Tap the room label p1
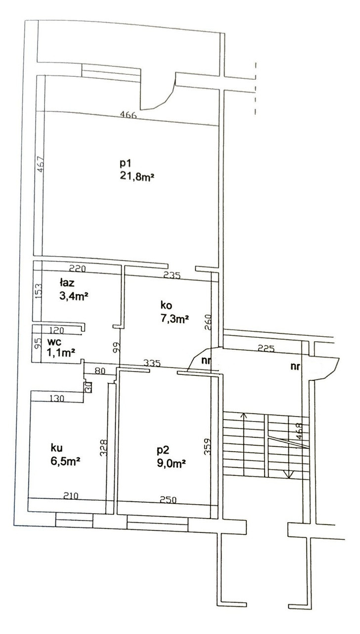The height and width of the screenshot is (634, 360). pos(125,163)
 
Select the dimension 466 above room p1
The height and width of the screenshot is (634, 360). pos(128,114)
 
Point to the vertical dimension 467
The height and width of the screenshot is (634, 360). pos(41,164)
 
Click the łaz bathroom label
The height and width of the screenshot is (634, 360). pos(67,282)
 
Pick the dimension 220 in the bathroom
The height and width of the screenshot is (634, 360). pos(78,268)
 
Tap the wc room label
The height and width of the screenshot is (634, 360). pos(54,342)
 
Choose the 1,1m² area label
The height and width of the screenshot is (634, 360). pos(61,353)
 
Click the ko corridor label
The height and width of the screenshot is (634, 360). pos(167,305)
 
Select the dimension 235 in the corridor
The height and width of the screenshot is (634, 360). pos(172,275)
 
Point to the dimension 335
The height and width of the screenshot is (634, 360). pos(152,363)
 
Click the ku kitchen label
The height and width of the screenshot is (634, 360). pos(57,448)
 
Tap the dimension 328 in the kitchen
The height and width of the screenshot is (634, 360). pos(104,447)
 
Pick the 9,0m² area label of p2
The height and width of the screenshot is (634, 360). pos(171,464)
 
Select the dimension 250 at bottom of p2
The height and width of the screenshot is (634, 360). pos(168,500)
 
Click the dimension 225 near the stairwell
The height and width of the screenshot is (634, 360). pos(266,348)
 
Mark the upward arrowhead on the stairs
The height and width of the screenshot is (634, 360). pos(244,416)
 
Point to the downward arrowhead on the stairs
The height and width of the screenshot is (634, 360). pos(288,475)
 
